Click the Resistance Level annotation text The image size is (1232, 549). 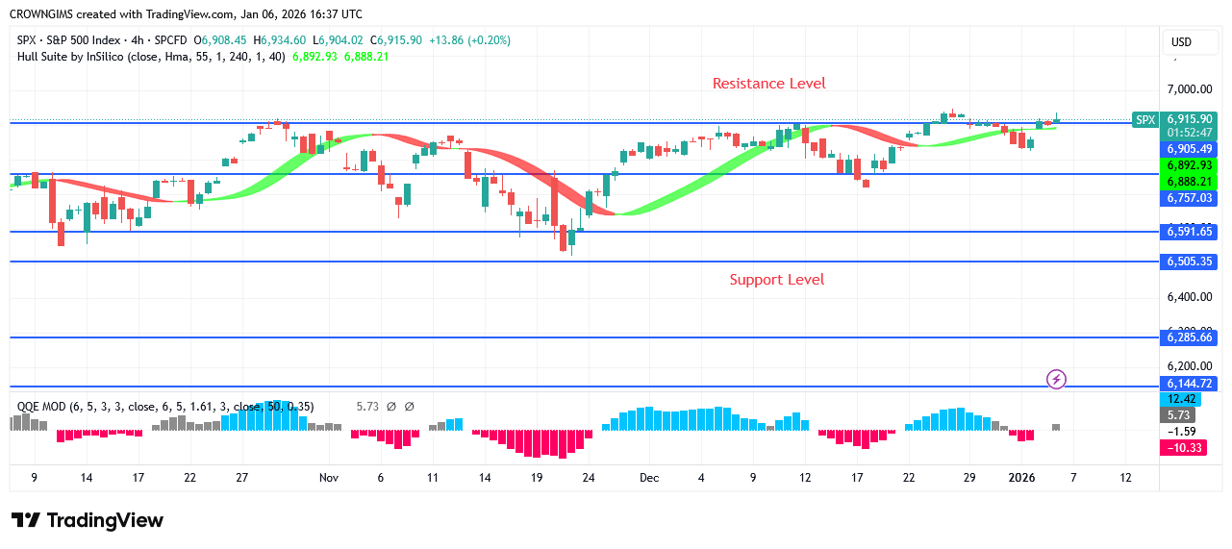[768, 84]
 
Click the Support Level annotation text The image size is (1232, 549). [776, 280]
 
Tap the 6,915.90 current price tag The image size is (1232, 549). [1190, 119]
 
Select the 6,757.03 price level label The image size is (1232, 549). [1190, 198]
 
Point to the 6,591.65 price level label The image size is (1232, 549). [1190, 232]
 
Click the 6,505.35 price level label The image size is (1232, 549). [1190, 262]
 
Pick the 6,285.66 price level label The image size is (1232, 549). [1190, 337]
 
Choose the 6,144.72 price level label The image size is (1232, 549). [1190, 384]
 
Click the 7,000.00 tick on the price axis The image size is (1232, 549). [1189, 89]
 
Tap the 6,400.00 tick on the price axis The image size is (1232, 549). [1189, 297]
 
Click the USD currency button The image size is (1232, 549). [1180, 42]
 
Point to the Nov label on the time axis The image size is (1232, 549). [329, 478]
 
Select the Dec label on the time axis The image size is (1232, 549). [649, 478]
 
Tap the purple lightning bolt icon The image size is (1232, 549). [1056, 379]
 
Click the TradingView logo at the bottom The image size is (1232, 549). [88, 520]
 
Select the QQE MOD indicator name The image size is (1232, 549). [41, 407]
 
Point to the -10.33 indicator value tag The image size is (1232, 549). [1185, 448]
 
